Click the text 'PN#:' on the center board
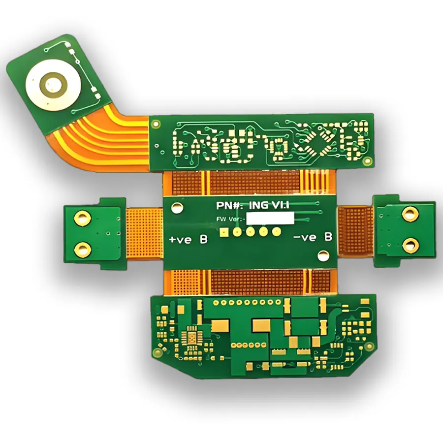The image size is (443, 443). [x=227, y=205]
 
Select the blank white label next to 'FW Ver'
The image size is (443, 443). [x=270, y=218]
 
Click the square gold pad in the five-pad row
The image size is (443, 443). [x=224, y=231]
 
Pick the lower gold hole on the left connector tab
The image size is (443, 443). [x=81, y=249]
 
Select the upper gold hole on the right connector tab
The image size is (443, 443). [x=410, y=214]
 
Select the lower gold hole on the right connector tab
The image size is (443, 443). [x=410, y=245]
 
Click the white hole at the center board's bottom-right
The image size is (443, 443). [x=322, y=255]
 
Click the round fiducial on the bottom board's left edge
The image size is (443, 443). [x=157, y=351]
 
